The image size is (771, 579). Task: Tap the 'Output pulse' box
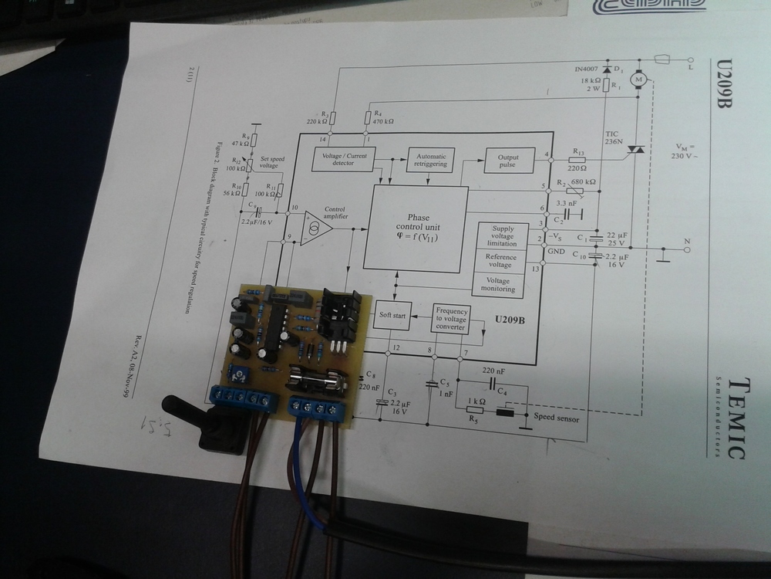[508, 161]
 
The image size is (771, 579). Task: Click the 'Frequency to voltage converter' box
[450, 318]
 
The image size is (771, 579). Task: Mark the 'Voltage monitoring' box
[497, 284]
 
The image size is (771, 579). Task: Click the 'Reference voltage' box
[500, 261]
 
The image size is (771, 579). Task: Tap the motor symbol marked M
[638, 79]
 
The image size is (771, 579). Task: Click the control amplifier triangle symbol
[313, 229]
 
